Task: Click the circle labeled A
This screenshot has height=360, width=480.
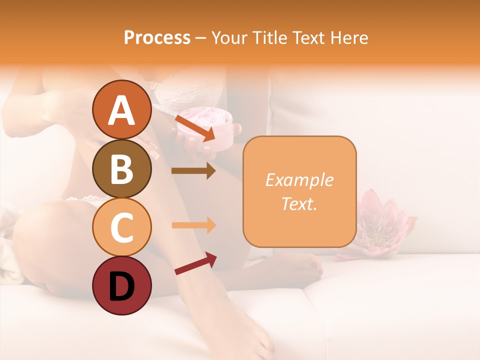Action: coord(121,110)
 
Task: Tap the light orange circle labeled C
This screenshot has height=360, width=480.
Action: coord(121,227)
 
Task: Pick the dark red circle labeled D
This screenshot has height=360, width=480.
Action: coord(121,285)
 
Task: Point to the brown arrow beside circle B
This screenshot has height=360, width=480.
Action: coord(193,171)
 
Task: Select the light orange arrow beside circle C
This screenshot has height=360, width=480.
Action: coord(193,225)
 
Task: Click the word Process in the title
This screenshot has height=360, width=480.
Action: coord(157,37)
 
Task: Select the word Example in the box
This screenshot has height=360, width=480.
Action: coord(299,180)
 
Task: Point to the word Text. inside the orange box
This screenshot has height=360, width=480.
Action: coord(299,203)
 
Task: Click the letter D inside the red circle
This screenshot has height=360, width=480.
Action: coord(121,286)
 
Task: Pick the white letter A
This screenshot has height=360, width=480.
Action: coord(121,110)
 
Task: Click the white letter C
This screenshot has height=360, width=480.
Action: coord(121,227)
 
